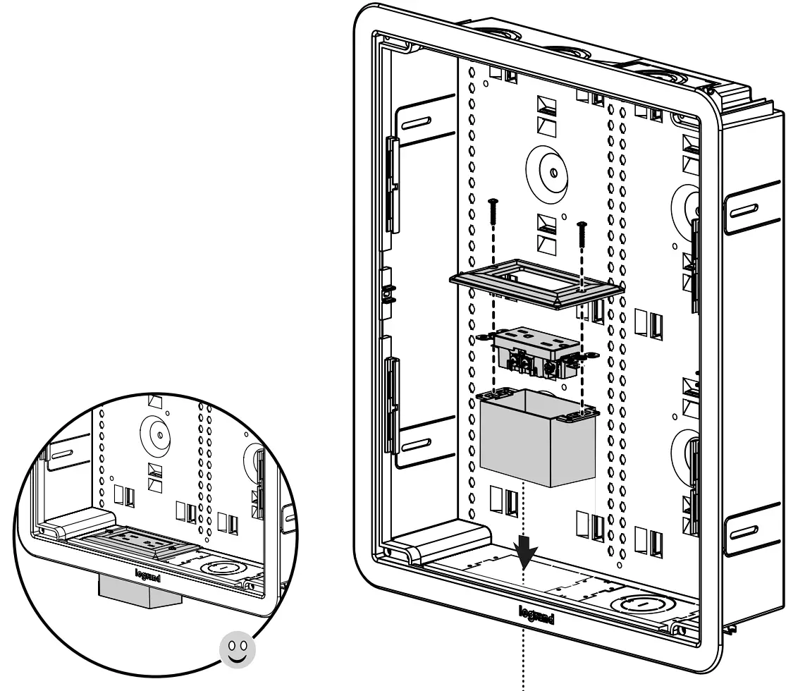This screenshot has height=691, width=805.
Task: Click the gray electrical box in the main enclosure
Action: (537, 441)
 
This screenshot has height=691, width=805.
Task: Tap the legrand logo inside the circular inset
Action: (148, 575)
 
